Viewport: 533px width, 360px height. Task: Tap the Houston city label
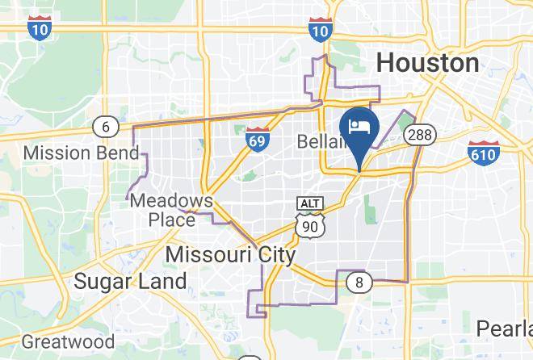tap(428, 63)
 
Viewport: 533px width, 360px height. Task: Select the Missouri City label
tap(230, 255)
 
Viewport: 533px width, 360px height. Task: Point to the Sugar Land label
tap(130, 281)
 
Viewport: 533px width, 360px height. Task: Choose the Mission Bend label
tap(72, 153)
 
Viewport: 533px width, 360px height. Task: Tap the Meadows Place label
tap(171, 209)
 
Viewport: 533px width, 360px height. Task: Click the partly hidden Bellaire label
tap(320, 142)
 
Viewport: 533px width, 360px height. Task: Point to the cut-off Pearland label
tap(502, 329)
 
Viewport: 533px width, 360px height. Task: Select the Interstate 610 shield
tap(482, 151)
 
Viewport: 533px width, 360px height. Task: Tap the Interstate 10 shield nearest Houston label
tap(321, 29)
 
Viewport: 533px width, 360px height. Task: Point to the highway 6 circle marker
tap(105, 126)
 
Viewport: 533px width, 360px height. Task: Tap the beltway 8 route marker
tap(359, 282)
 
